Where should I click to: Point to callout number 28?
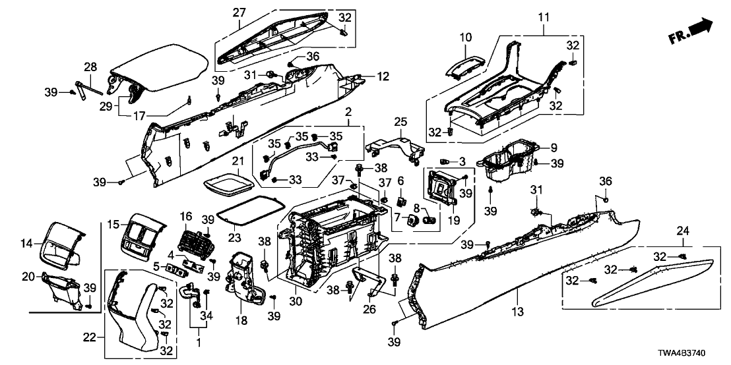tap(90, 67)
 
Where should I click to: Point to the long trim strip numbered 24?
tap(653, 280)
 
